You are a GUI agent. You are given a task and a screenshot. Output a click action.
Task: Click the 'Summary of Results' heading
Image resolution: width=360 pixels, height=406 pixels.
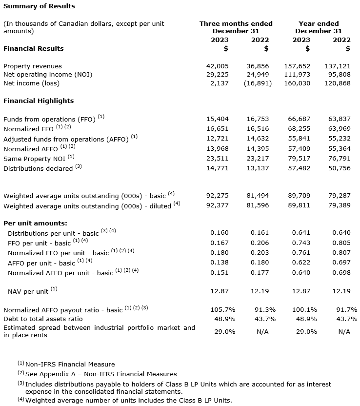point(39,6)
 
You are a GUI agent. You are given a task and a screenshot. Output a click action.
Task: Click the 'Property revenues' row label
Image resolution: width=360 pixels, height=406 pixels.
point(33,66)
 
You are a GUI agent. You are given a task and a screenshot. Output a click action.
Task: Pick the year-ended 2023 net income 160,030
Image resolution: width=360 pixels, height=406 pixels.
point(299,83)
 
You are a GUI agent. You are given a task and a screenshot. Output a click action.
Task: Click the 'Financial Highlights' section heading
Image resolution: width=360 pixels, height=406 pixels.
point(39,101)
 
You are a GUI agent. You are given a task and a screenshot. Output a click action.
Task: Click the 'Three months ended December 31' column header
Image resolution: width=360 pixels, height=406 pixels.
point(236,27)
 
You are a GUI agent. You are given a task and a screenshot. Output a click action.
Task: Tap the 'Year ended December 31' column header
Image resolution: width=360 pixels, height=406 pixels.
point(319,27)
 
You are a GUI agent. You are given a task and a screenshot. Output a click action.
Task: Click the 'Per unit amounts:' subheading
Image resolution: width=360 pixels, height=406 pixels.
point(35,223)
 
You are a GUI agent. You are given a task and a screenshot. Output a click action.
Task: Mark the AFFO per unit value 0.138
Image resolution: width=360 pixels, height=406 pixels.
point(219,263)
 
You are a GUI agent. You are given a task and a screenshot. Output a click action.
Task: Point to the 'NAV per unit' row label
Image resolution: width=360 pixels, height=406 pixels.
point(28,291)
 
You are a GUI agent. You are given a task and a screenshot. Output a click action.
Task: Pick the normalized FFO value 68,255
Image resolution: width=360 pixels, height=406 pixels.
point(299,129)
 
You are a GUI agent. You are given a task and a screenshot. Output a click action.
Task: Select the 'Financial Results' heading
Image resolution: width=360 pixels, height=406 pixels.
point(34,48)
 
